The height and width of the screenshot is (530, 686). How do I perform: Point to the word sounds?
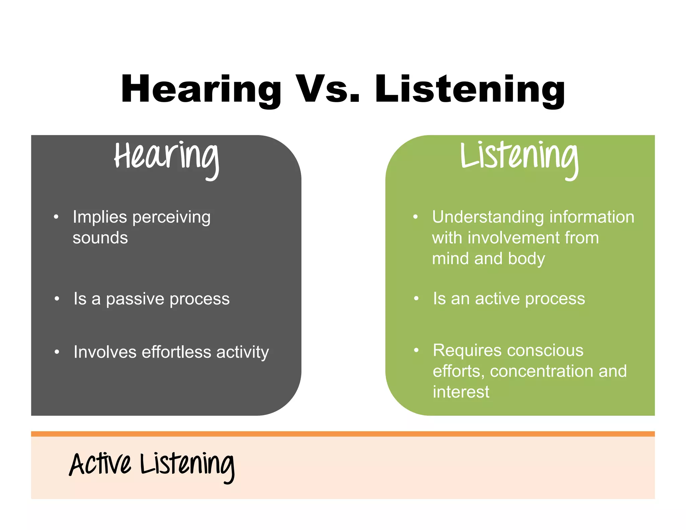click(100, 238)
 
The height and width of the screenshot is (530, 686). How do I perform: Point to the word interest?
click(461, 392)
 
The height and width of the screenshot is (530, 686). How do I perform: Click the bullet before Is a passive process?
click(57, 299)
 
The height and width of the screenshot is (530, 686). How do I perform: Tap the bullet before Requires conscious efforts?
click(416, 350)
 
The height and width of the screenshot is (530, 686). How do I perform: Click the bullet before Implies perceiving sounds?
click(56, 217)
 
